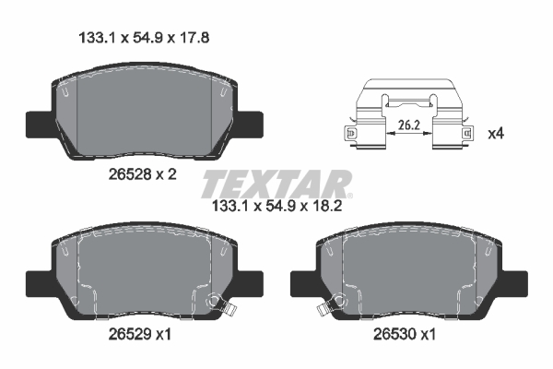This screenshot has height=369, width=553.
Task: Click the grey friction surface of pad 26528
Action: coord(147,111)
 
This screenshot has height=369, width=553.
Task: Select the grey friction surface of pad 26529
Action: coord(138,272)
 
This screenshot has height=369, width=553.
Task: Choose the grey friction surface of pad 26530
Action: coord(415,272)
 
